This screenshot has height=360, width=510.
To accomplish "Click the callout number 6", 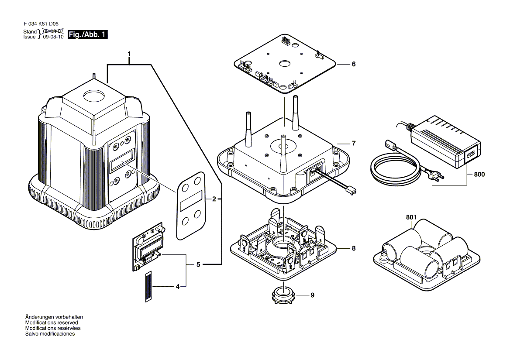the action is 354,64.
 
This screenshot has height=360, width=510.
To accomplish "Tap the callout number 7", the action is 354,143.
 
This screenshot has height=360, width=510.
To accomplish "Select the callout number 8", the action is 354,249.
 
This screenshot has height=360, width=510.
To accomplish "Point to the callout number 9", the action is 313,295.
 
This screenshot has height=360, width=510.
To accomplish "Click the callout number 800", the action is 479,175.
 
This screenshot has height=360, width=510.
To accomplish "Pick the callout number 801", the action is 411,217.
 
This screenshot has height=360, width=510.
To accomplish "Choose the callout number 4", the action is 178,287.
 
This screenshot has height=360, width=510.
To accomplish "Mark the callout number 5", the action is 198,265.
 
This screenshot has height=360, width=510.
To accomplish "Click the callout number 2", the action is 214,199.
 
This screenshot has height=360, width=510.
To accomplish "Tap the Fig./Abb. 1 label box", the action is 87,35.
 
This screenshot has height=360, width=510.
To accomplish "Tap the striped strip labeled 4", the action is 148,286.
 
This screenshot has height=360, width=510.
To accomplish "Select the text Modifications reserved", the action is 52,322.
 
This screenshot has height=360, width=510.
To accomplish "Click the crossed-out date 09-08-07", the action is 53,31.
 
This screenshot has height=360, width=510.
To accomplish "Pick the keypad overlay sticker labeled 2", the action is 191,206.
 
